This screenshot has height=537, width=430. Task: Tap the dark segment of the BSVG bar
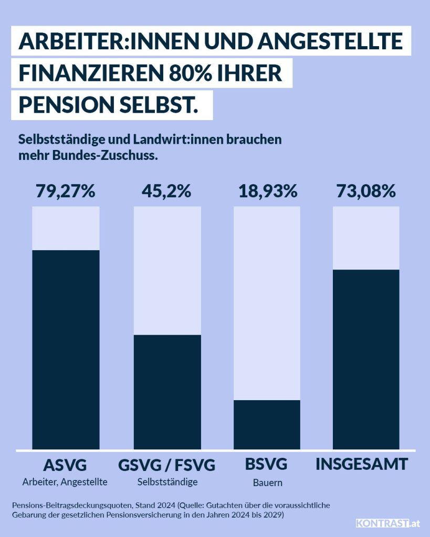click(267, 425)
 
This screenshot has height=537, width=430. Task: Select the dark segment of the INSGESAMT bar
click(366, 360)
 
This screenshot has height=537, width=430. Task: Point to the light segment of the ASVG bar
click(66, 228)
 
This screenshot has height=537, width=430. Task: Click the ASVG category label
click(65, 465)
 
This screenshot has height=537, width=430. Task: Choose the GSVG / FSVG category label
click(167, 465)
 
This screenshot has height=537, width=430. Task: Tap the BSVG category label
click(266, 465)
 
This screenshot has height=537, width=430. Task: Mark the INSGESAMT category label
click(362, 465)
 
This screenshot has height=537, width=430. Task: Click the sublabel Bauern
click(267, 482)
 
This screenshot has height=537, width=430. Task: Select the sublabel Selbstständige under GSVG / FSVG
click(167, 481)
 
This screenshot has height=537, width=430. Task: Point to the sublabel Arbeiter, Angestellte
click(65, 481)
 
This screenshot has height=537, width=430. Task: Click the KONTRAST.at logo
click(388, 523)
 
